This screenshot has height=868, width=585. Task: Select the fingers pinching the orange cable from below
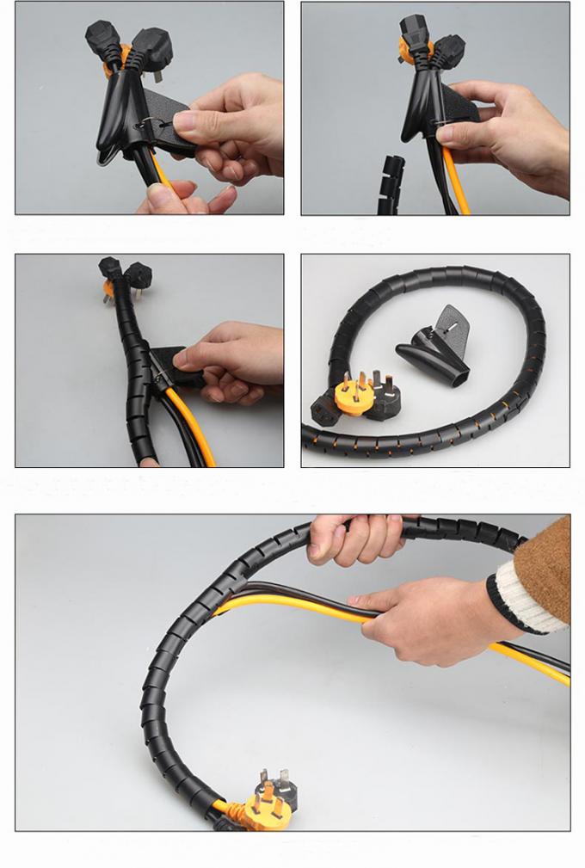(x=185, y=200)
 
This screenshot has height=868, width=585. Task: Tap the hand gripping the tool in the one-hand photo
(x=508, y=129)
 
